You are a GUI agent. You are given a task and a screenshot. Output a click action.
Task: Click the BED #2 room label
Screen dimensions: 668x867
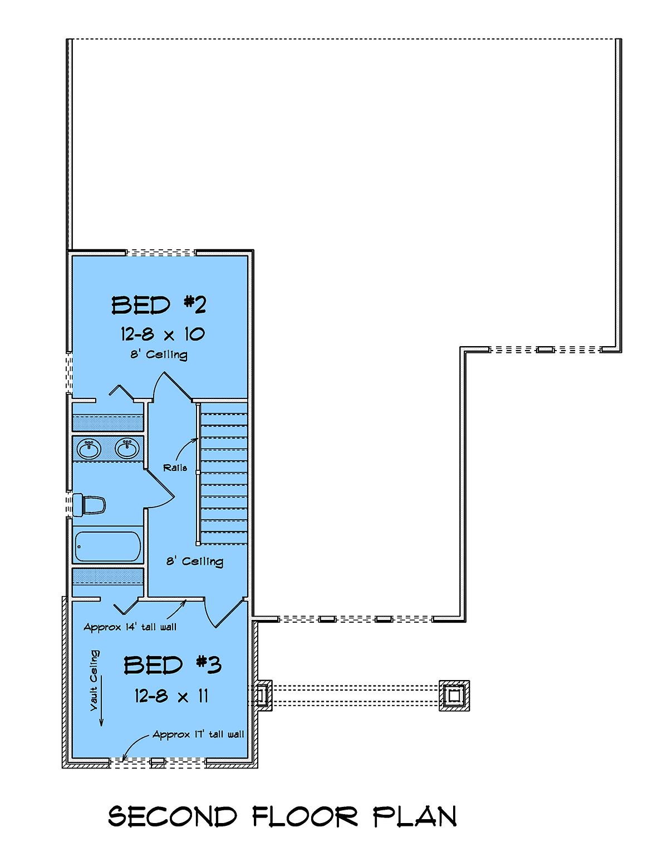tap(159, 305)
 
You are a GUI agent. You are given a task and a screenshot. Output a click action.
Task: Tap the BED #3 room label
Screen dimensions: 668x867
tap(172, 664)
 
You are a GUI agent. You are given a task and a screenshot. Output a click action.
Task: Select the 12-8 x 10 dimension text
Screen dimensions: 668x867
tap(163, 334)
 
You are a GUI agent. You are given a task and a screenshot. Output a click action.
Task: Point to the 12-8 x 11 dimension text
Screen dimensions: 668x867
tap(171, 696)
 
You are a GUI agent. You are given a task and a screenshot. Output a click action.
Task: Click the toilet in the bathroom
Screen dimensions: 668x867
tap(89, 505)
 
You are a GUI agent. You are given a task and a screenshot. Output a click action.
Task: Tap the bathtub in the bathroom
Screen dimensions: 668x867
tap(108, 546)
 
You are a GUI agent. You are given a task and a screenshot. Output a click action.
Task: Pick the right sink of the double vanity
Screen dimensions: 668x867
tap(127, 449)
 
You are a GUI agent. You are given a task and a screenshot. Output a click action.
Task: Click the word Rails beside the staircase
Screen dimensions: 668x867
tap(175, 467)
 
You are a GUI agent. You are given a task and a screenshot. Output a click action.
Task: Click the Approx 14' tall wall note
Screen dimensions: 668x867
tap(130, 627)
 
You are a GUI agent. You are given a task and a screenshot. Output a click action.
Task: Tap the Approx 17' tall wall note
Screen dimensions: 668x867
tap(198, 735)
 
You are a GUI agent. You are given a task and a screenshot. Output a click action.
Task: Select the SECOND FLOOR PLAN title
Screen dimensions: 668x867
tap(283, 816)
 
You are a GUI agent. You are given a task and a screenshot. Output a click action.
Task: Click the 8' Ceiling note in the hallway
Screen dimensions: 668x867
tap(195, 561)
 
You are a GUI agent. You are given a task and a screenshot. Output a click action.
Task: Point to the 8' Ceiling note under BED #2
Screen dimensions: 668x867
tap(159, 354)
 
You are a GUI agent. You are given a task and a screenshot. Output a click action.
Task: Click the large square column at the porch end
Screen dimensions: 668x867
tap(454, 696)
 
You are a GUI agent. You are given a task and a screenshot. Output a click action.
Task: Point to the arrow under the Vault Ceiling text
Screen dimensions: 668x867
tap(101, 701)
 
